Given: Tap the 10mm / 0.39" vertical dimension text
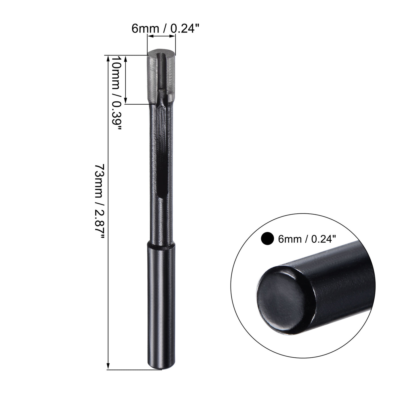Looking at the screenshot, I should click(x=116, y=93).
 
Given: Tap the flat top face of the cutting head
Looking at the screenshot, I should click(x=161, y=53).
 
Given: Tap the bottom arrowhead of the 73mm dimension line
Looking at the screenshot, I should click(x=108, y=367).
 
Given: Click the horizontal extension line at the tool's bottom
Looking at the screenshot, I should click(x=134, y=370).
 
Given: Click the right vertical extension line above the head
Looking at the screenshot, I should click(x=175, y=44).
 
